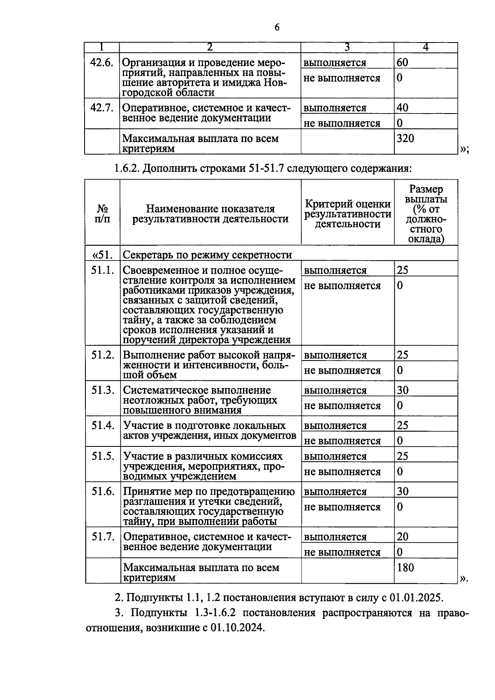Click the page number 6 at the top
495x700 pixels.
point(277,28)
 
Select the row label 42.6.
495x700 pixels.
point(101,63)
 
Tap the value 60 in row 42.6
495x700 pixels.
point(402,62)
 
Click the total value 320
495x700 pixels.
point(405,138)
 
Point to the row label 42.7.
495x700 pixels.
point(101,108)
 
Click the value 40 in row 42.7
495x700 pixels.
point(402,108)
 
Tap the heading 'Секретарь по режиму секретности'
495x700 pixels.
point(207,255)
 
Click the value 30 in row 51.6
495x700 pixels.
point(403,491)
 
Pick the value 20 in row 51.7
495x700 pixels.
point(403,536)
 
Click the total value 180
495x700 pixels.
point(405,567)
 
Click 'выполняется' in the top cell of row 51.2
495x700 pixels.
point(335,355)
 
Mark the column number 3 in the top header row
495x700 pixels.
point(347,47)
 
